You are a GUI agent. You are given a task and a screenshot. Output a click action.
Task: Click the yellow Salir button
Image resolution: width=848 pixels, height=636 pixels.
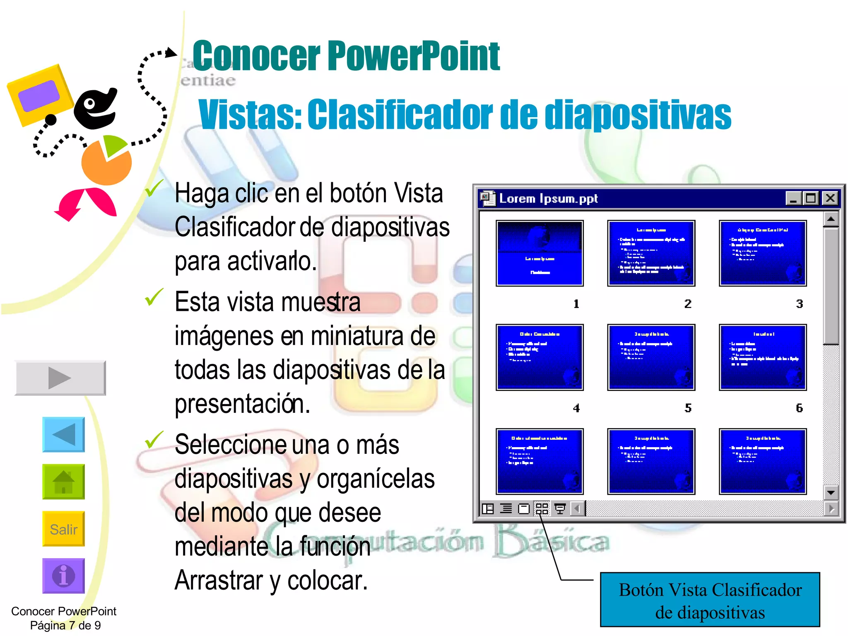point(63,529)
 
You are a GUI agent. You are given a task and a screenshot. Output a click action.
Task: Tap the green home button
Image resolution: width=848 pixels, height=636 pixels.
point(63,482)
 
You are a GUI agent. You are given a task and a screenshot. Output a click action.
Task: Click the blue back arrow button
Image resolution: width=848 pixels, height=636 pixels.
point(63,434)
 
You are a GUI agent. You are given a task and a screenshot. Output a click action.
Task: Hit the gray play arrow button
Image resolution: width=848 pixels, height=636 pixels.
point(60,378)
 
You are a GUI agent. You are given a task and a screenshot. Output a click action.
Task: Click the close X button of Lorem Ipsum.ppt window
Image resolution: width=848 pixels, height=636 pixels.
point(830,198)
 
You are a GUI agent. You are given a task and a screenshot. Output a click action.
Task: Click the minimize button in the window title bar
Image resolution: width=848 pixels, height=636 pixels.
point(793,198)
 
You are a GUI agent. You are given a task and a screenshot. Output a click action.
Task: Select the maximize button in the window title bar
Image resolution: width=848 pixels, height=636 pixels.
point(811,198)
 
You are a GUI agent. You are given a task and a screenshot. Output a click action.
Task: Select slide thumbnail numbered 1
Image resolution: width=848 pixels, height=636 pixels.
point(540,253)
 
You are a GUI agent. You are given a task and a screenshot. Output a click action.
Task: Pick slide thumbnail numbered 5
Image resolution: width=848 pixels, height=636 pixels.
point(651,357)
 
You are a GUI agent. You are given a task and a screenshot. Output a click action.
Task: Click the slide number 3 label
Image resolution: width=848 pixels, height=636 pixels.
point(799,304)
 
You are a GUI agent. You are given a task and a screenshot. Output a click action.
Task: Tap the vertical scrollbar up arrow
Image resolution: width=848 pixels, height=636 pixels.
point(830,219)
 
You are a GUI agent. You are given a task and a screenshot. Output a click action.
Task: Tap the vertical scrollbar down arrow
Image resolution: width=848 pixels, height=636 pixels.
point(830,493)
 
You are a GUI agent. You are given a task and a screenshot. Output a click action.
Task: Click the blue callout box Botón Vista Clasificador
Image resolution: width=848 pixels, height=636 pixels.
point(710,600)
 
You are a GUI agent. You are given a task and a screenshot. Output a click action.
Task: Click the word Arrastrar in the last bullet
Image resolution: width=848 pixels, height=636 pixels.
point(218,581)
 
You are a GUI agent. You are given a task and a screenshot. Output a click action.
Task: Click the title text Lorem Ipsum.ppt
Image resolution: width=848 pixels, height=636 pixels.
point(548,199)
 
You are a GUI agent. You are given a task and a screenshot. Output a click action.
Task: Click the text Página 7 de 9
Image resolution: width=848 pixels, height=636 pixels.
point(65,625)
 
